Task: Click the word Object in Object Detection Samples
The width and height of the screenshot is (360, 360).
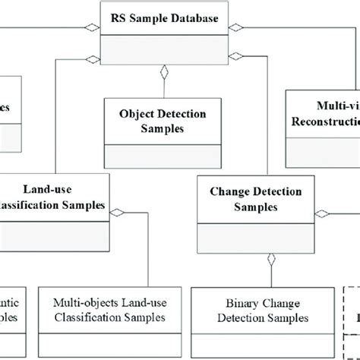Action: (x=137, y=114)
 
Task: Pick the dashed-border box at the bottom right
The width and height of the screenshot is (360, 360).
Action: (x=351, y=315)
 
